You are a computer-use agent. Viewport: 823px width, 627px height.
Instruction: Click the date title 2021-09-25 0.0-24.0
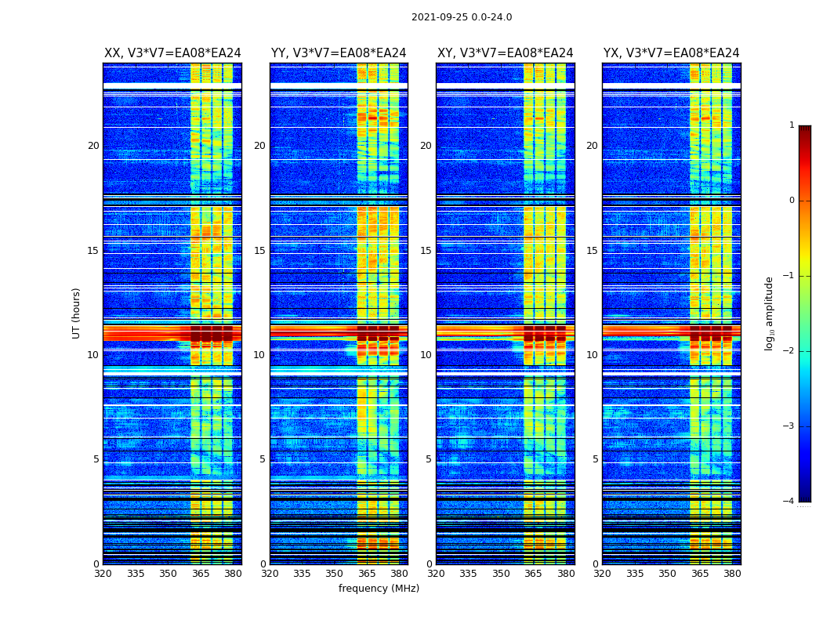(x=462, y=17)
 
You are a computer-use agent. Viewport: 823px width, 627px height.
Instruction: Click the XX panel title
(x=172, y=53)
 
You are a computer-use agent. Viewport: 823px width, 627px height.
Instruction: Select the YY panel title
(x=339, y=53)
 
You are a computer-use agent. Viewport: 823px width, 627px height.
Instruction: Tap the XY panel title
(x=505, y=53)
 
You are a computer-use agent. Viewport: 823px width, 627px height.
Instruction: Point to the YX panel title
(x=671, y=53)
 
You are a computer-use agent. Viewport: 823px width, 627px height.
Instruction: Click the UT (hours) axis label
(x=76, y=313)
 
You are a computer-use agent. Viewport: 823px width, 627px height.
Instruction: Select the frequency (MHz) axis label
(x=379, y=589)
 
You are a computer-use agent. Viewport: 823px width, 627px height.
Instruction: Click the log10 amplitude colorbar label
(x=770, y=313)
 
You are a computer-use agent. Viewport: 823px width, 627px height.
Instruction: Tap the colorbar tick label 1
(x=792, y=125)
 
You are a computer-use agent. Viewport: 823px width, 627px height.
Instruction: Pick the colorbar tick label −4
(x=789, y=502)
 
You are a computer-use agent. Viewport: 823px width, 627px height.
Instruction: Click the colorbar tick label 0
(x=792, y=201)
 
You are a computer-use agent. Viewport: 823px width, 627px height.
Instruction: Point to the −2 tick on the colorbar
(x=789, y=351)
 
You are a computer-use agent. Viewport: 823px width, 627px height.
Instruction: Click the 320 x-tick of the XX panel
(x=103, y=574)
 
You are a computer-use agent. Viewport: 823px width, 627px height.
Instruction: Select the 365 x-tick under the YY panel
(x=367, y=574)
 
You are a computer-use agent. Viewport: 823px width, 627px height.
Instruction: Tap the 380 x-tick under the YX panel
(x=732, y=574)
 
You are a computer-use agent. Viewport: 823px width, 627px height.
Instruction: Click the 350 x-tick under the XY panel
(x=501, y=574)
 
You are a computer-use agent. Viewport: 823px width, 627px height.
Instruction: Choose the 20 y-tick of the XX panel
(x=93, y=146)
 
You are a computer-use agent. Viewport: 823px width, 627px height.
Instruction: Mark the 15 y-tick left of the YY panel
(x=259, y=251)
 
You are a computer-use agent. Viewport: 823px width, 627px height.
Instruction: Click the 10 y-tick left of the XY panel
(x=426, y=355)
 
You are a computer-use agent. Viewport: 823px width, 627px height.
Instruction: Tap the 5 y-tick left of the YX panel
(x=596, y=459)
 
